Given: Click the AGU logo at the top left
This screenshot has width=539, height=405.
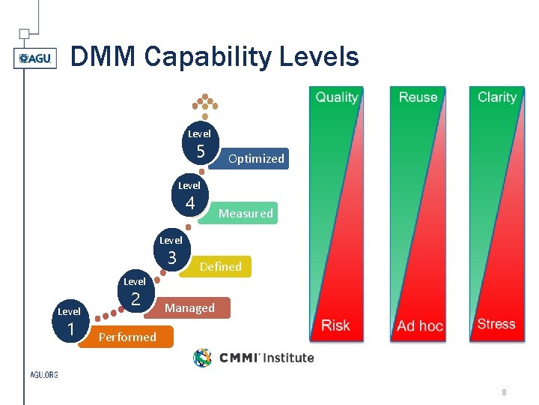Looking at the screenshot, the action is click(x=35, y=58).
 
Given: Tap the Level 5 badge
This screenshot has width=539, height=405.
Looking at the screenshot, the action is click(x=201, y=145).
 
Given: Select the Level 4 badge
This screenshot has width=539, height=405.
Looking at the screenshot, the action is click(x=190, y=196).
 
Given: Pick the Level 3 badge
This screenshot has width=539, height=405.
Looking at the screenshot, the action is click(x=172, y=252).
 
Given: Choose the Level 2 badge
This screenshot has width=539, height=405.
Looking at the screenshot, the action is click(x=135, y=293).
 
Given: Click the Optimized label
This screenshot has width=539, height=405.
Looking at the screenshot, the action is click(x=256, y=159).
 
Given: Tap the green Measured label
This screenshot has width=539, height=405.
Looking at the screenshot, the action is click(x=246, y=214).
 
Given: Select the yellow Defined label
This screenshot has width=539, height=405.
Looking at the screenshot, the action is click(x=220, y=267).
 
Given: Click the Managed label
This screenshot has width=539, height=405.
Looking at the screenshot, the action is click(x=190, y=308).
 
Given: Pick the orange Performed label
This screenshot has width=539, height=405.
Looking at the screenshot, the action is click(x=128, y=337).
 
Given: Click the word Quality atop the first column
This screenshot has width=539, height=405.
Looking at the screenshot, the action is click(x=337, y=97).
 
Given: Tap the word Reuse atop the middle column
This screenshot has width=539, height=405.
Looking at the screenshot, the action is click(x=418, y=97).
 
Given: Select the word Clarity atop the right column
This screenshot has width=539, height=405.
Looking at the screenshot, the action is click(x=497, y=97).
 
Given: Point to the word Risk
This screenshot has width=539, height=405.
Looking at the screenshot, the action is click(x=335, y=325).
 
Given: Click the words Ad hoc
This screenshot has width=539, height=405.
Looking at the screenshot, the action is click(x=419, y=326).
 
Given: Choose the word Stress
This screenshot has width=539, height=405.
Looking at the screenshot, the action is click(x=496, y=325).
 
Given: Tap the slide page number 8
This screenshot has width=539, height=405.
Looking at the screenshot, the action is click(x=505, y=391).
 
